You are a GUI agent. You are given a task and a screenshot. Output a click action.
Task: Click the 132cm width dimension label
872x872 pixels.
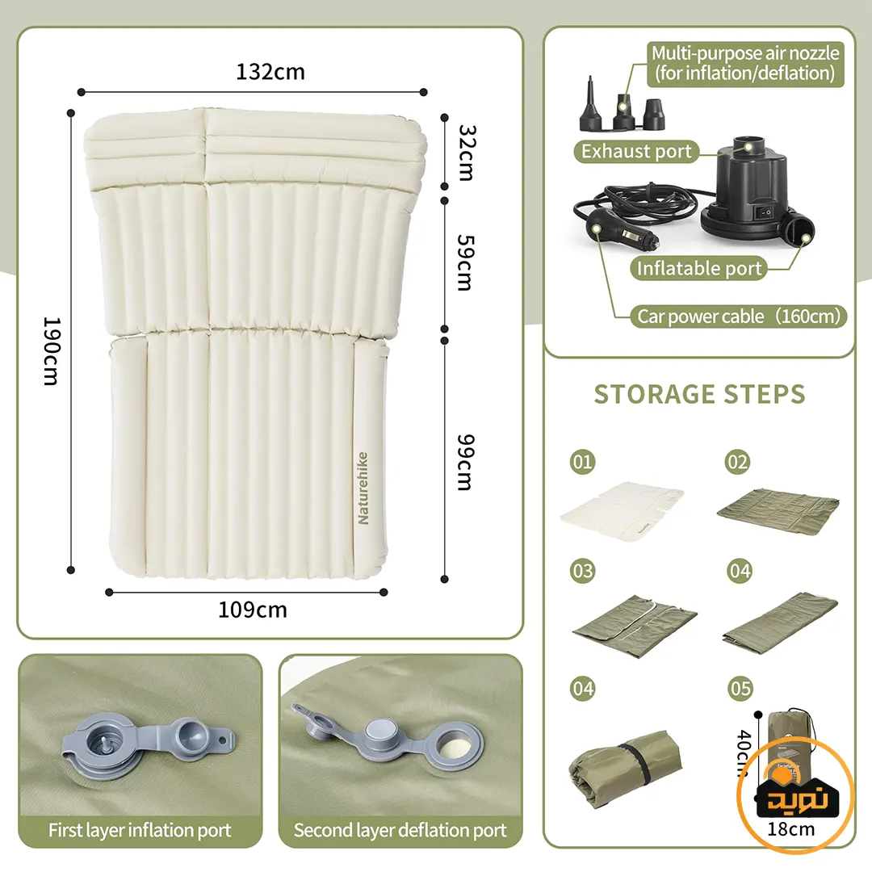click(270, 72)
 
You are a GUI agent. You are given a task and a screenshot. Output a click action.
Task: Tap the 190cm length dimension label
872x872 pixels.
click(52, 351)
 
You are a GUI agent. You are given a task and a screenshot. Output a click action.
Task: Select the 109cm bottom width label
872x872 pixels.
click(253, 610)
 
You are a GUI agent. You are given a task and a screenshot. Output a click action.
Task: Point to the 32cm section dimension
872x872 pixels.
click(466, 153)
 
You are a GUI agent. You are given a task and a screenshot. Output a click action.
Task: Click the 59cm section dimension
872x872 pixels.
click(465, 262)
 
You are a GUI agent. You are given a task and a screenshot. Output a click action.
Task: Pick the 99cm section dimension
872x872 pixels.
click(465, 462)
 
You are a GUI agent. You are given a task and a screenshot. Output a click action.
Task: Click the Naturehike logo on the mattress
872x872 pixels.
click(363, 488)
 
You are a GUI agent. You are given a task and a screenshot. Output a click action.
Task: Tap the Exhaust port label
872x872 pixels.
click(636, 151)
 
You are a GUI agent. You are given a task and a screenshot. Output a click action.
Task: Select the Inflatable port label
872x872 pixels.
click(699, 269)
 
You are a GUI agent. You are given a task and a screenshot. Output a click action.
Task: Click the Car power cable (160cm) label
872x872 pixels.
click(739, 316)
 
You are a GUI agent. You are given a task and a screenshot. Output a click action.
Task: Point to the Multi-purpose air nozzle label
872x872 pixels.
click(745, 64)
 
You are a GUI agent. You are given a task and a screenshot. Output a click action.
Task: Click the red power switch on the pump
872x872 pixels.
click(766, 212)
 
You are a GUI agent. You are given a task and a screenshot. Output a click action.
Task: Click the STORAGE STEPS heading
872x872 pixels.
click(699, 394)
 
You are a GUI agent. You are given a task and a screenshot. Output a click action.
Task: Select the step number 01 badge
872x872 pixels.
click(582, 462)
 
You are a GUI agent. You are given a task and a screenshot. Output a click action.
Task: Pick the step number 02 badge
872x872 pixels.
click(737, 462)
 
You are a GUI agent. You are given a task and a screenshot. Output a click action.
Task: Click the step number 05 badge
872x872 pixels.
click(740, 689)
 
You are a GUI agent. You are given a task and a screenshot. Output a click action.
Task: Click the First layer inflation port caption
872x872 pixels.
click(140, 830)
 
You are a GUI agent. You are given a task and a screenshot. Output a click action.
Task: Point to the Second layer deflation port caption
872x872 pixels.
click(400, 830)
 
